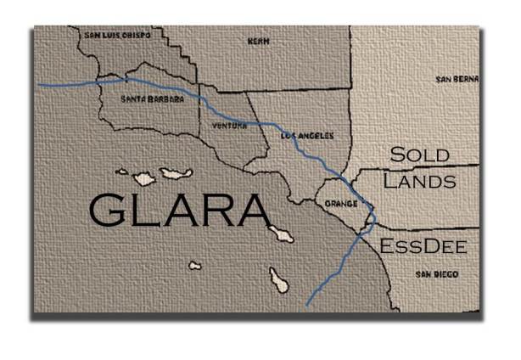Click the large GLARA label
point(176,210)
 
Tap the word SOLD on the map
point(419,155)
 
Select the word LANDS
point(419,181)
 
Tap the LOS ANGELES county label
point(306,136)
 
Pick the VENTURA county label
point(229,126)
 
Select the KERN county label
point(257,40)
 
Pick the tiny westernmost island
point(122,172)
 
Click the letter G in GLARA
point(109,210)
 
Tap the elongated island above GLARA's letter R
point(177,174)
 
